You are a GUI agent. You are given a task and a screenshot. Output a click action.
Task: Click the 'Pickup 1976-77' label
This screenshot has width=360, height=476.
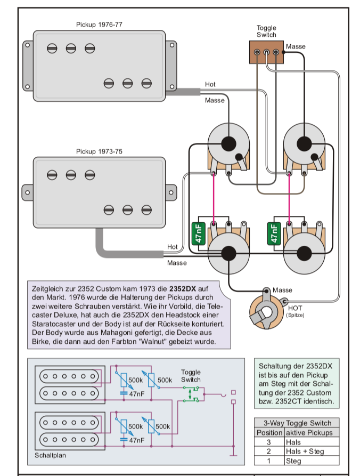(x=99, y=25)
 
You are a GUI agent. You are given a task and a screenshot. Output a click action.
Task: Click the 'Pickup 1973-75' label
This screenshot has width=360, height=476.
(x=99, y=151)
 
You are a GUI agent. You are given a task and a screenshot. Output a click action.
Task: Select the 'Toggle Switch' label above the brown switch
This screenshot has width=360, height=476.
(x=266, y=31)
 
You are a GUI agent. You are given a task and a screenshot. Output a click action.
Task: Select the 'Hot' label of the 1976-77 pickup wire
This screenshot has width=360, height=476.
(x=210, y=85)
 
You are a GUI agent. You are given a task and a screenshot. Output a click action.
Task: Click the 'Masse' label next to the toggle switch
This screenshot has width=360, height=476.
(x=296, y=46)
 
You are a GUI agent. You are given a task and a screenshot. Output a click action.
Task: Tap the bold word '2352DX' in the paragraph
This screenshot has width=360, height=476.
(x=183, y=288)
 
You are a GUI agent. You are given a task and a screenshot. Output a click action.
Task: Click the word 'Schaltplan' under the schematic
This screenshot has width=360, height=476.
(x=52, y=456)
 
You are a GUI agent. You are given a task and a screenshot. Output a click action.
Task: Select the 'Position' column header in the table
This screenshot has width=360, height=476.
(x=269, y=432)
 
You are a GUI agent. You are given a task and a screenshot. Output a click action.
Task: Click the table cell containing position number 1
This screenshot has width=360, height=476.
(x=269, y=461)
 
